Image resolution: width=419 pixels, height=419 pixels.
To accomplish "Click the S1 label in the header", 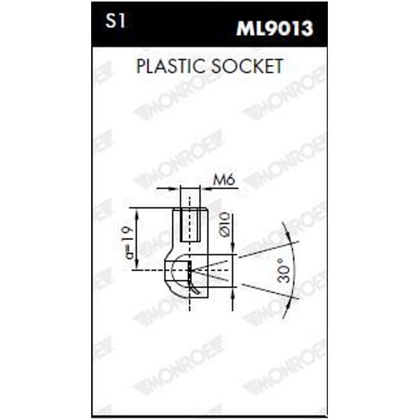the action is click(x=115, y=21).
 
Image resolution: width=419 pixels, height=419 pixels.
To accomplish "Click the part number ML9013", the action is click(x=274, y=28).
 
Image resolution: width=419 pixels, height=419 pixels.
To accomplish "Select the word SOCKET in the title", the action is click(x=247, y=66).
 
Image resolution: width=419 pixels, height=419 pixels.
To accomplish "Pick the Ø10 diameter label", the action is click(x=225, y=225).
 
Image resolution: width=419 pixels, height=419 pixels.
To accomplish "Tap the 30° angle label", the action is click(x=284, y=270).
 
